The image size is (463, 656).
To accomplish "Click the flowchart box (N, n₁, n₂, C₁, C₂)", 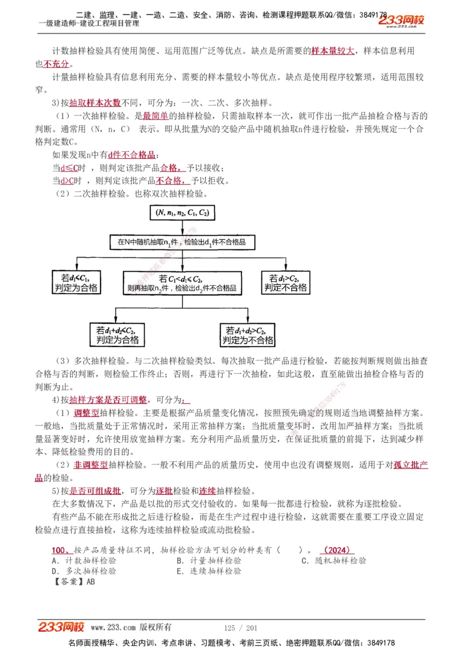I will click(182, 213).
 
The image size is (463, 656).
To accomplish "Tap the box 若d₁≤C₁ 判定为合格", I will click(76, 282).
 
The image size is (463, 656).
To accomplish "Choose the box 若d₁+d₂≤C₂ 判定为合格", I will click(117, 335).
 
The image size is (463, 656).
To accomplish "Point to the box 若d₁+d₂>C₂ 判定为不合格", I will click(248, 335).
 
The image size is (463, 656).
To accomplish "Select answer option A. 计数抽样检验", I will click(84, 560).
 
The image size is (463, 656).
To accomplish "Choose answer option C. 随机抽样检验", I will click(334, 560).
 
